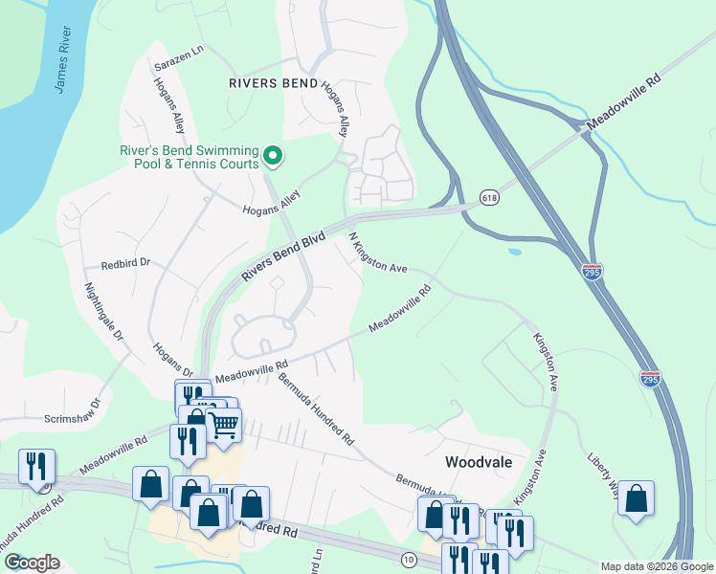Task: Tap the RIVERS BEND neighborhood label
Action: click(x=273, y=83)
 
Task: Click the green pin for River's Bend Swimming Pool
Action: click(x=273, y=155)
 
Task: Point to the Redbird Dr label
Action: click(x=126, y=262)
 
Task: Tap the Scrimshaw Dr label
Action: click(x=72, y=418)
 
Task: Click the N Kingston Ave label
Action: click(x=377, y=252)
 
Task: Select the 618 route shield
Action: click(x=490, y=196)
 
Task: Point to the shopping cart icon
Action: click(x=223, y=424)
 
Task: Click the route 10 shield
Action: click(x=409, y=558)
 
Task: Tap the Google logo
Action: click(x=32, y=563)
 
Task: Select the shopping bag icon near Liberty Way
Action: click(x=636, y=498)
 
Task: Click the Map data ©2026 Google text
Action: click(x=657, y=566)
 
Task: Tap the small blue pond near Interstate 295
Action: click(x=515, y=253)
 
